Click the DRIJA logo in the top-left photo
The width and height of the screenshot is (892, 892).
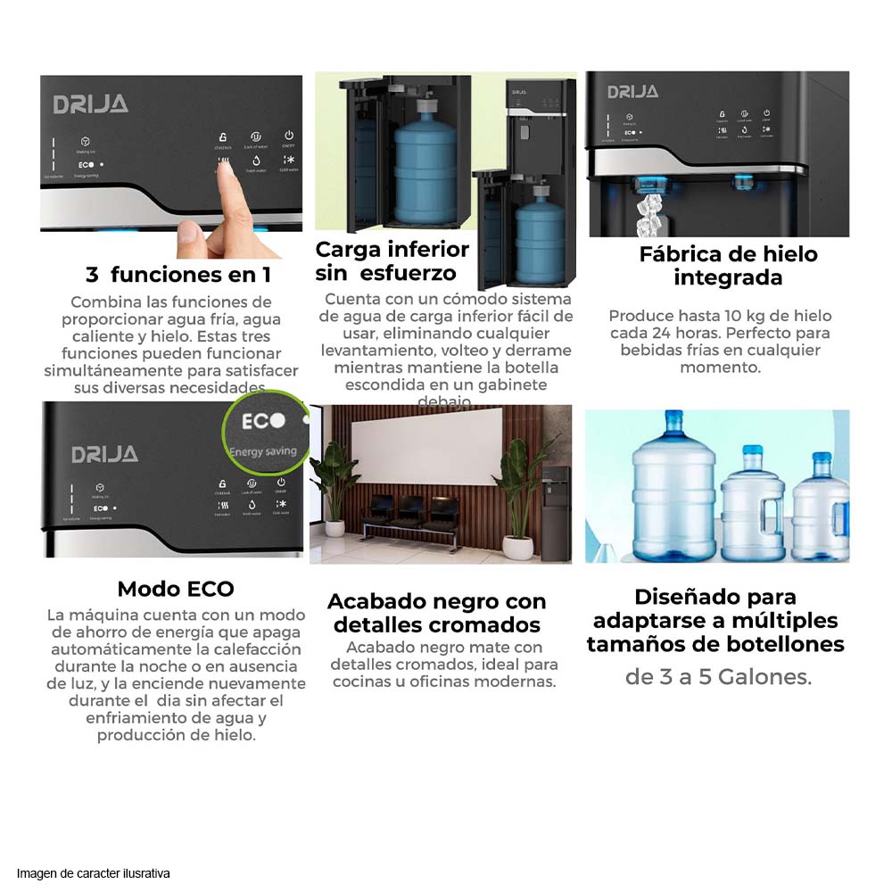point(90,104)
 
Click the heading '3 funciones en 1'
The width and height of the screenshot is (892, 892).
point(178,274)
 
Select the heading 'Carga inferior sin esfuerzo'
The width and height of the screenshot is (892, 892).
point(392,260)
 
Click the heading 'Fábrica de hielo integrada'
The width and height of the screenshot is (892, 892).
point(728,266)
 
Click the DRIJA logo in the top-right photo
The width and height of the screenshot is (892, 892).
point(632,92)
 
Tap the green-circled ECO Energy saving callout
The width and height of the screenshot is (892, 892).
point(264,433)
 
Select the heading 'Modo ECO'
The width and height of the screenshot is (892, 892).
point(176,589)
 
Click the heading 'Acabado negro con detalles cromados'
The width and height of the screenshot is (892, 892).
point(436,613)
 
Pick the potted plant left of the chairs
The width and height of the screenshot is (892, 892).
point(333,486)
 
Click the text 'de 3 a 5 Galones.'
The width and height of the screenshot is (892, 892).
point(718,677)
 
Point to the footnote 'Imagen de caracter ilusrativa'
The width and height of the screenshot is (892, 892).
point(93,873)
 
